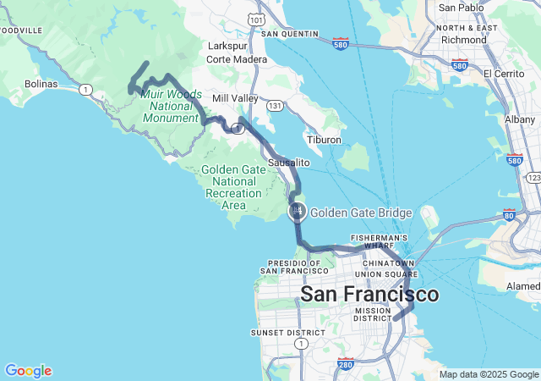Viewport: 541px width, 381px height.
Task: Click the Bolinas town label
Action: click(41, 84)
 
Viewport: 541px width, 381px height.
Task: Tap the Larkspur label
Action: click(226, 47)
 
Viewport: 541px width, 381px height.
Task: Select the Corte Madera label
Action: click(237, 59)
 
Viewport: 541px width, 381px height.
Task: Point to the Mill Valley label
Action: click(233, 99)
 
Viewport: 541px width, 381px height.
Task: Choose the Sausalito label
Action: click(289, 162)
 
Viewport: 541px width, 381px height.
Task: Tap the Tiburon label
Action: click(324, 139)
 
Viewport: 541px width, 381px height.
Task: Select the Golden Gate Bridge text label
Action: click(361, 213)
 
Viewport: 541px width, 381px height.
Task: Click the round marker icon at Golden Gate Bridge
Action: click(298, 212)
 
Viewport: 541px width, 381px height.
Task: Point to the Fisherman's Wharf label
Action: click(380, 242)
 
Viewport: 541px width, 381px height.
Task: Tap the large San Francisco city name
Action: click(370, 295)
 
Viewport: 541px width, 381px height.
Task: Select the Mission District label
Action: click(372, 314)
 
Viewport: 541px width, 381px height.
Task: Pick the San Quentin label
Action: click(290, 34)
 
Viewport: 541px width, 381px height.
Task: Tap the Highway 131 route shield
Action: click(275, 106)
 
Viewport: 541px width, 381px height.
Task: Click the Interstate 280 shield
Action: click(345, 365)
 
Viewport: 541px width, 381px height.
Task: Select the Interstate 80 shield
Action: click(508, 215)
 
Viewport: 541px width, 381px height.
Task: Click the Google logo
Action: click(28, 371)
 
